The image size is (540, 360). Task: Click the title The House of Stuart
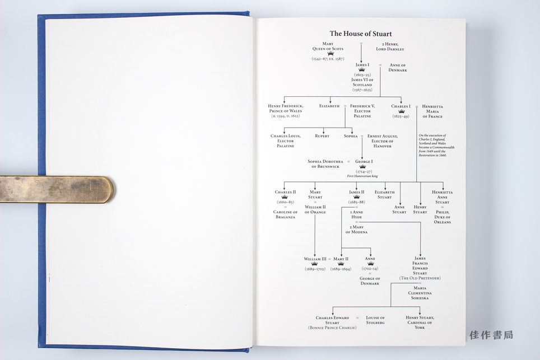[x=360, y=34]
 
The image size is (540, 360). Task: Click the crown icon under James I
[x=362, y=70]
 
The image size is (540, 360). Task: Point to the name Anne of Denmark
[x=398, y=68]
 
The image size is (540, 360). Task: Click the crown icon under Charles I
[x=401, y=111]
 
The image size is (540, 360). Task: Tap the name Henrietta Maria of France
[x=432, y=111]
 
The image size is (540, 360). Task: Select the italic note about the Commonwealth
[x=436, y=145]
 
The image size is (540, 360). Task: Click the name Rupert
[x=322, y=135]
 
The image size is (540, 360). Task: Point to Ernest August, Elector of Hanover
[x=383, y=141]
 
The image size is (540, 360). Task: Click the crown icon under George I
[x=362, y=166]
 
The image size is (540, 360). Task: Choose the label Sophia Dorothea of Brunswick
[x=325, y=164]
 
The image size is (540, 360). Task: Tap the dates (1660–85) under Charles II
[x=285, y=202]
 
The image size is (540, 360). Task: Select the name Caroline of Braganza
[x=286, y=214]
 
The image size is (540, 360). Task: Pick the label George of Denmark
[x=370, y=281]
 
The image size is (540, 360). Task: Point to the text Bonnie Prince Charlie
[x=332, y=327]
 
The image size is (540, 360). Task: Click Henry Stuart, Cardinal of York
[x=420, y=322]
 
